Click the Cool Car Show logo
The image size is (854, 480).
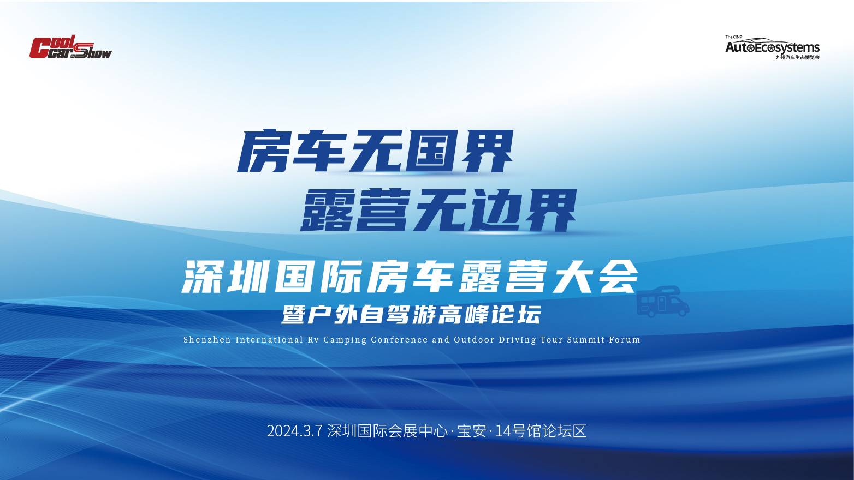pos(70,47)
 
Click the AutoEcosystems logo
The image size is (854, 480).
pos(773,48)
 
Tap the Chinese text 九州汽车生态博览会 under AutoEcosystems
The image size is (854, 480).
pos(798,57)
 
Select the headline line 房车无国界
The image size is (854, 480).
pos(375,151)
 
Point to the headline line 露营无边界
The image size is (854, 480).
pos(438,211)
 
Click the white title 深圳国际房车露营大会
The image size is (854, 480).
pos(410,277)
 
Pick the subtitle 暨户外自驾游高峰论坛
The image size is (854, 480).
pos(411,315)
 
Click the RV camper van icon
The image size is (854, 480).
pos(662,302)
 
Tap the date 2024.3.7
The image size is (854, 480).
pos(295,431)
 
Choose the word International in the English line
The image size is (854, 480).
pos(269,340)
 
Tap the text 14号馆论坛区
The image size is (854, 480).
pos(541,431)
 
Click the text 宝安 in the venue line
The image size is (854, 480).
pos(471,431)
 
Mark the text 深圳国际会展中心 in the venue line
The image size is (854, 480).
pos(387,431)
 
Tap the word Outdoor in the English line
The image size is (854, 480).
pos(474,340)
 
